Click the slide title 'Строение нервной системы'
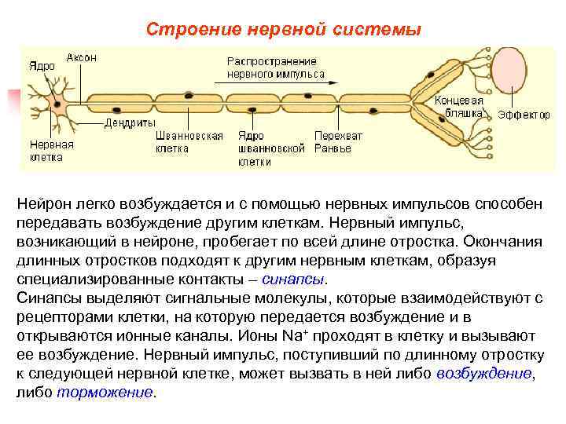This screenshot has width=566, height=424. (x=284, y=30)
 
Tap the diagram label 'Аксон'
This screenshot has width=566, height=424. (x=82, y=58)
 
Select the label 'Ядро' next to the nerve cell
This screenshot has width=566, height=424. (x=42, y=66)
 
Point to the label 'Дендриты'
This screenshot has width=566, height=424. (x=126, y=123)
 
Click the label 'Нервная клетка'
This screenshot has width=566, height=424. (x=52, y=151)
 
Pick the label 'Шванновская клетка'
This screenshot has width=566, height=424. (x=189, y=141)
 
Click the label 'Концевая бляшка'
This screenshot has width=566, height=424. (x=460, y=107)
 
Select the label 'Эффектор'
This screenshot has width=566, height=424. (x=524, y=115)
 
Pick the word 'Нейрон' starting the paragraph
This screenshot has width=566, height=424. (x=44, y=204)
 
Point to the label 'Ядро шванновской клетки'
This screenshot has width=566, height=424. (x=270, y=149)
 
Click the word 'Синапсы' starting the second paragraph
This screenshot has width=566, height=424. (x=50, y=298)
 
